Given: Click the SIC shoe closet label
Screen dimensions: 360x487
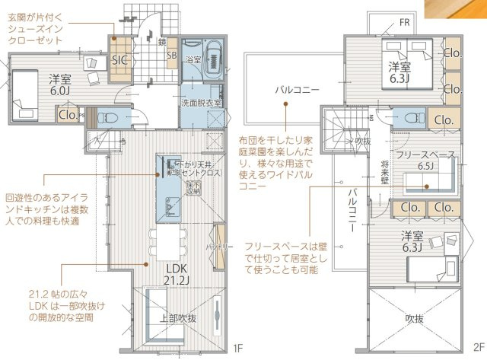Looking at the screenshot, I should [x=120, y=60].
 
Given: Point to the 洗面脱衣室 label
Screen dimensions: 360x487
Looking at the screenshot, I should [x=201, y=102].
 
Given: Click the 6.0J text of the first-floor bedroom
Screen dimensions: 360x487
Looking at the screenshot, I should [x=60, y=90].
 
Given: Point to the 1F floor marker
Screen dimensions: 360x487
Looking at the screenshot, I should [x=238, y=349].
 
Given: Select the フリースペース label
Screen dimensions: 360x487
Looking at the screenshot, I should [x=425, y=155].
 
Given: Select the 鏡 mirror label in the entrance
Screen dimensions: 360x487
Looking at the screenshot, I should [x=162, y=42].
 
